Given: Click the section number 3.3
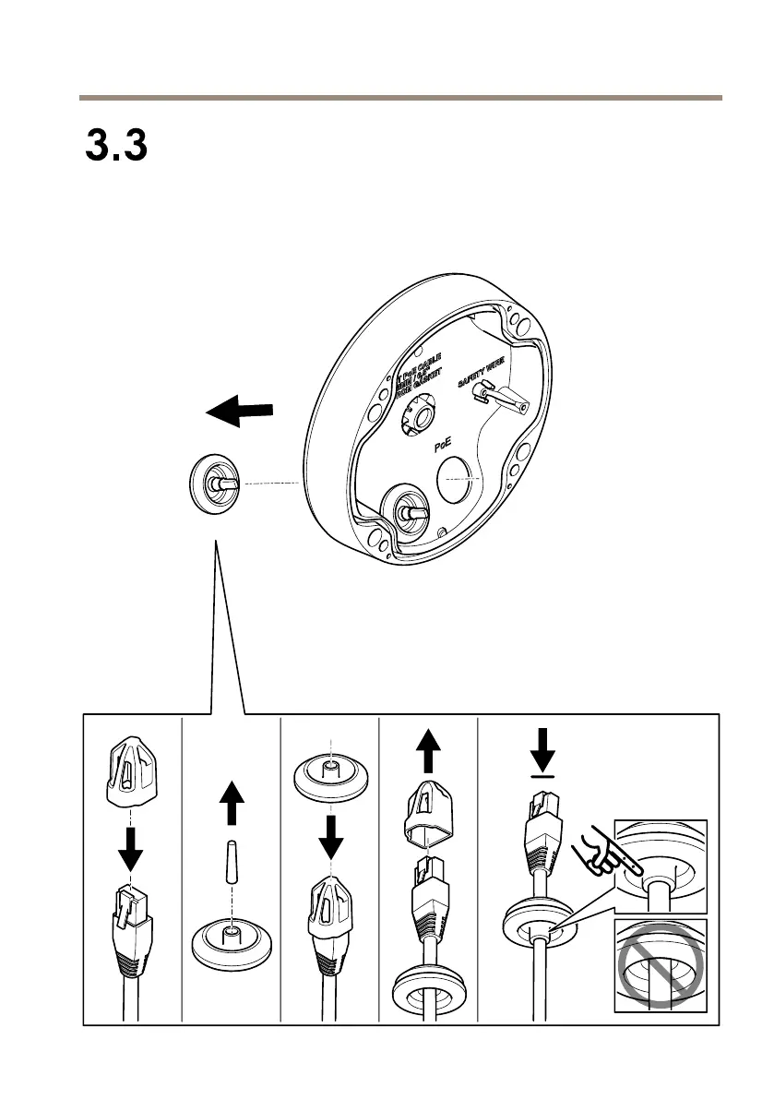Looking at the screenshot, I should coord(116,146).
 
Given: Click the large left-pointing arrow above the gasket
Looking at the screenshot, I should coord(240,412).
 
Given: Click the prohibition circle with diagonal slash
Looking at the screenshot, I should coord(660,965).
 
